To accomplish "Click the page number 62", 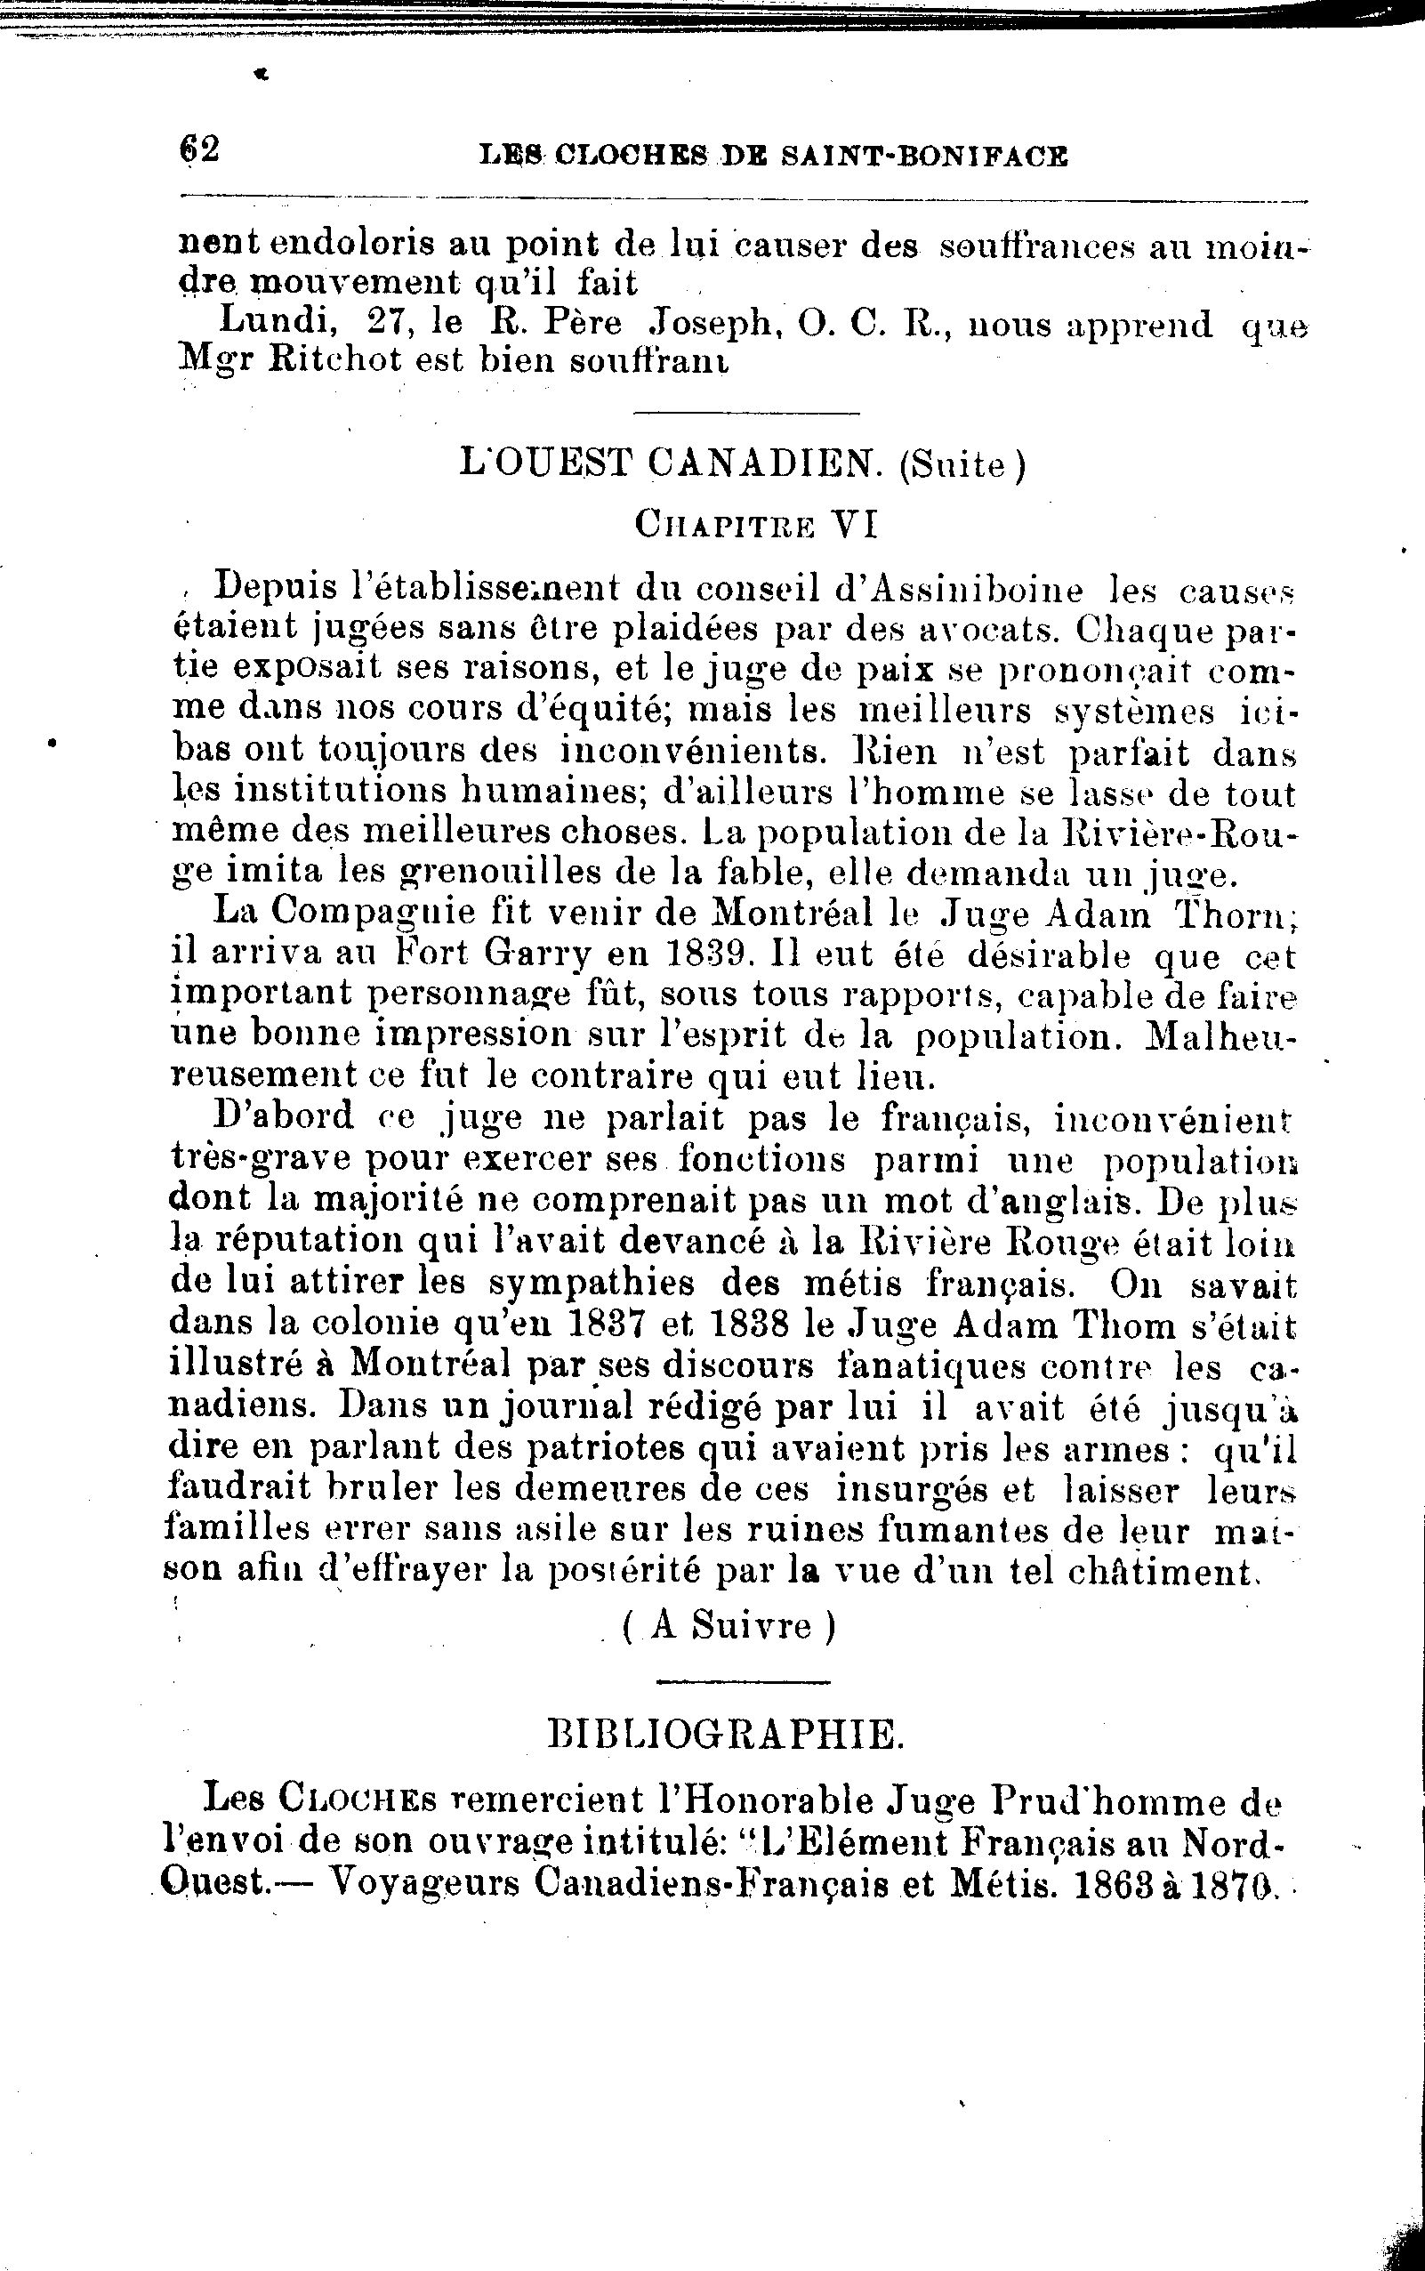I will click(x=199, y=149).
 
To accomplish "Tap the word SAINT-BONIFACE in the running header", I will click(x=924, y=157).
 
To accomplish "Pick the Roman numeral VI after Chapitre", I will click(x=854, y=524).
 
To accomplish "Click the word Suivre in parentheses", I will click(x=750, y=1627).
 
